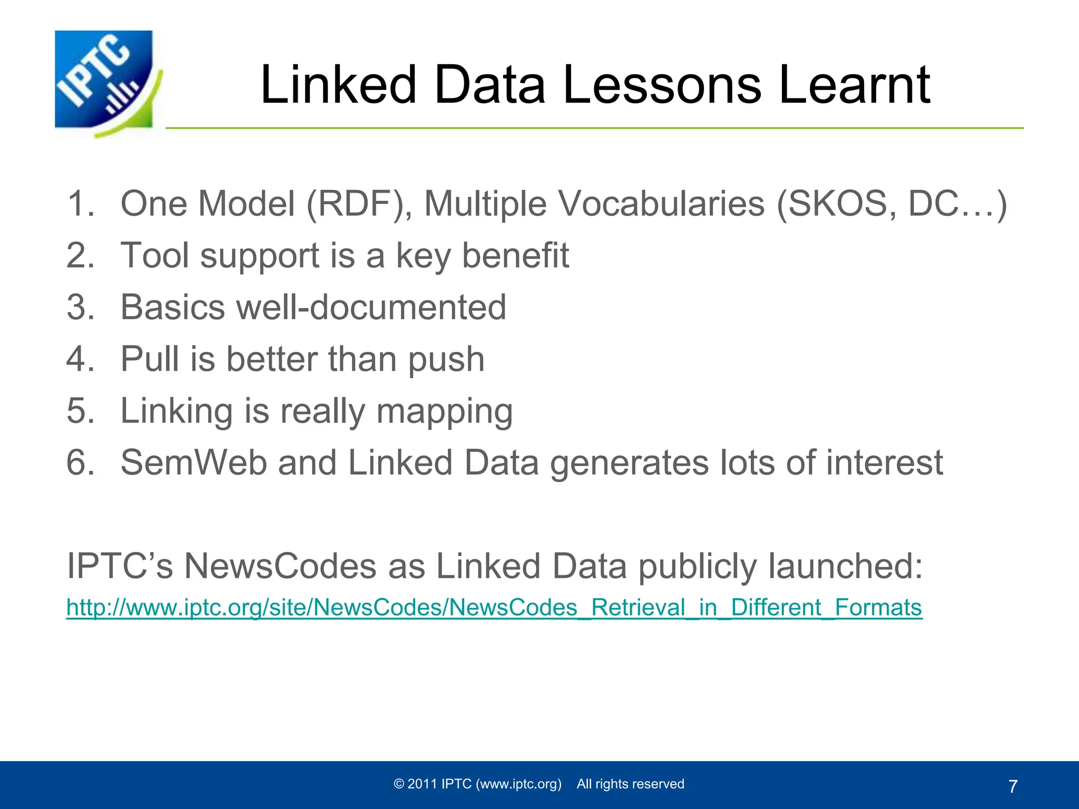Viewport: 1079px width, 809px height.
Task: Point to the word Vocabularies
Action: (661, 203)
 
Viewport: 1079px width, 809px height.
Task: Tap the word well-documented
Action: (371, 307)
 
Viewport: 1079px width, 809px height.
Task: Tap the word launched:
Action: (845, 567)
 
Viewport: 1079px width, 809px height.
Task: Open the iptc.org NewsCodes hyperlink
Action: (494, 607)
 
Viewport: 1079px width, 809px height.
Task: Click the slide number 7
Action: (1013, 786)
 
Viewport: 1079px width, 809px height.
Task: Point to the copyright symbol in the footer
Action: (399, 784)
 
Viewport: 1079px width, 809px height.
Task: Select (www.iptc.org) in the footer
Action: (519, 784)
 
